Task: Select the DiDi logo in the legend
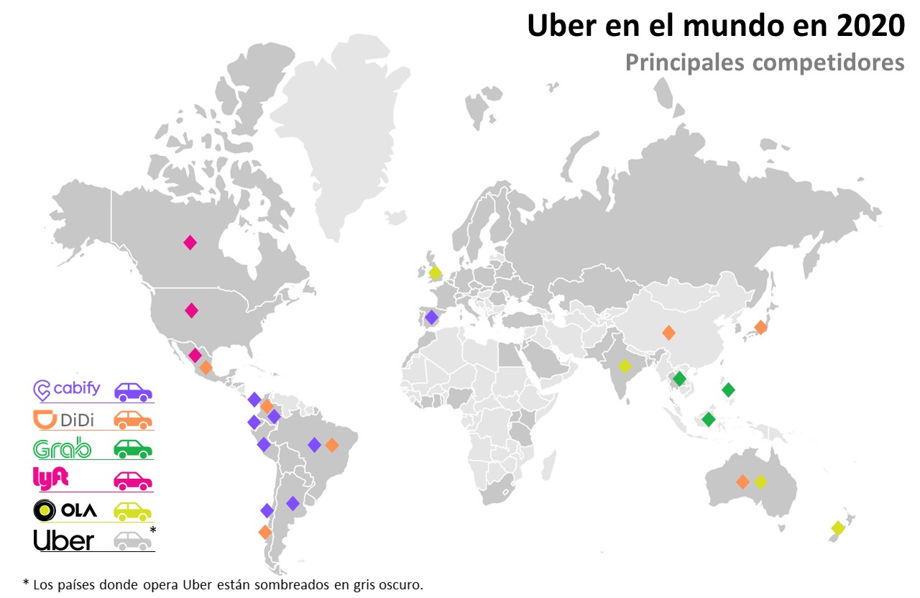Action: point(64,419)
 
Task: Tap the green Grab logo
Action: point(63,449)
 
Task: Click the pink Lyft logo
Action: point(50,478)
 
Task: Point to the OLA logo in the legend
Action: point(65,510)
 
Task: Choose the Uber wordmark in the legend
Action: point(64,540)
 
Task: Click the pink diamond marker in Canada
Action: point(190,243)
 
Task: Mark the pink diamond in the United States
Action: point(191,310)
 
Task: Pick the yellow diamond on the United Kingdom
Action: point(435,272)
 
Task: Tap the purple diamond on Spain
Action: point(431,317)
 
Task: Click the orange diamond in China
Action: point(668,333)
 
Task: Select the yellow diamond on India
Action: point(625,366)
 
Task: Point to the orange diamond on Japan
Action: point(760,328)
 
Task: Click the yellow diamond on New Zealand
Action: point(837,528)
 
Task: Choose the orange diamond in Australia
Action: point(742,482)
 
